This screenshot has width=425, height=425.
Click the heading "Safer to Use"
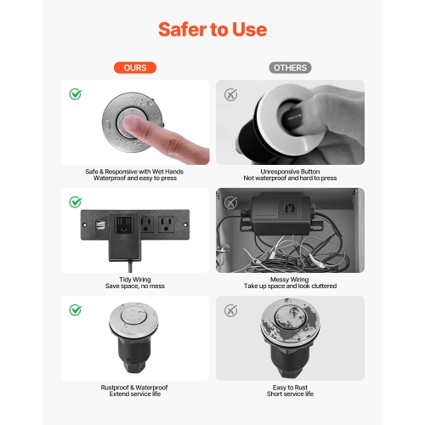(x=212, y=30)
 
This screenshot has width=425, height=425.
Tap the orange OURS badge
(x=135, y=67)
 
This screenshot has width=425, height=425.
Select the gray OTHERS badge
(x=290, y=67)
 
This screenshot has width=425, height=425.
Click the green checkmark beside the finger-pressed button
(x=76, y=94)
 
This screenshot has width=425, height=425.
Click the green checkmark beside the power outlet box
(x=76, y=201)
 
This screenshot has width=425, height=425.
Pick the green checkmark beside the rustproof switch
(x=76, y=310)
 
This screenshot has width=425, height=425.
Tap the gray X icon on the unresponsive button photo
(x=230, y=94)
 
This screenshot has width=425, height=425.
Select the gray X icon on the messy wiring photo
(x=230, y=201)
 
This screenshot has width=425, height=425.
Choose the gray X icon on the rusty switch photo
(x=230, y=310)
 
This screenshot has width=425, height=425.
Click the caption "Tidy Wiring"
(x=135, y=279)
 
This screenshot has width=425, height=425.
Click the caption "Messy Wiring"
(x=290, y=279)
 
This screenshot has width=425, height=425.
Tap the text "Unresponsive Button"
(x=290, y=171)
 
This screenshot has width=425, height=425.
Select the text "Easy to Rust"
(x=290, y=387)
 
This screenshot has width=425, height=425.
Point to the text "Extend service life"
(x=135, y=394)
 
